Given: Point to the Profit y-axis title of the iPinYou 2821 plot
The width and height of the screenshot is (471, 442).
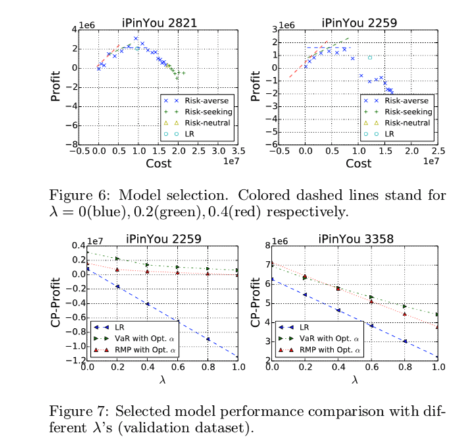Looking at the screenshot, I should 57,86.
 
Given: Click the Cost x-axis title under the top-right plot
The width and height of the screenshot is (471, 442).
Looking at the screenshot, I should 359,163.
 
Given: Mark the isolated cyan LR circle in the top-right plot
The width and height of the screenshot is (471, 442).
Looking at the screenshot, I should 370,57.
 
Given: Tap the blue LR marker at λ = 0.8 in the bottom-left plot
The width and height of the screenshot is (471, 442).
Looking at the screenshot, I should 207,339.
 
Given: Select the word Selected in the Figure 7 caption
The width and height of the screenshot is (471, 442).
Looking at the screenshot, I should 139,410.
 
